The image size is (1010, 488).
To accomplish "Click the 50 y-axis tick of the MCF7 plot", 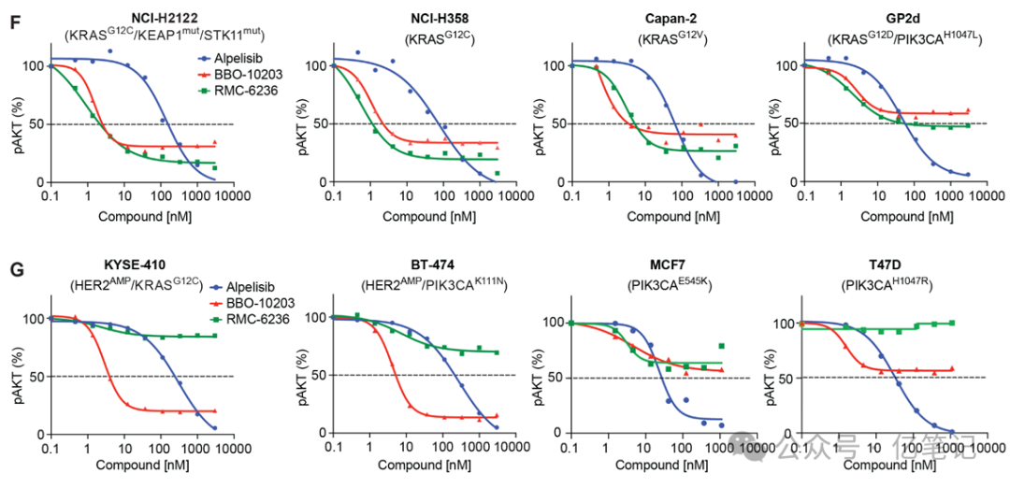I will [x=550, y=378].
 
